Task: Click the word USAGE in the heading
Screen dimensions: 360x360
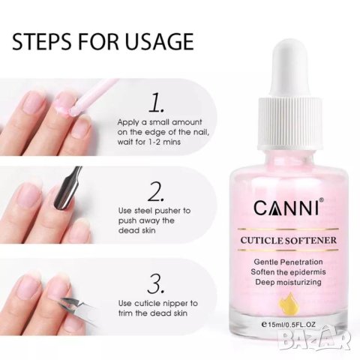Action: click(x=159, y=41)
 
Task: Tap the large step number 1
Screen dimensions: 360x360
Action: click(x=157, y=102)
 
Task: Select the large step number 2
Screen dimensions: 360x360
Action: click(x=157, y=191)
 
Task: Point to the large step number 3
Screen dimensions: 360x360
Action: click(x=157, y=283)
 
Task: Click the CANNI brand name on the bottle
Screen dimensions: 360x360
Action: click(x=286, y=207)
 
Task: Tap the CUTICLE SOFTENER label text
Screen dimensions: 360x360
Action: click(x=289, y=240)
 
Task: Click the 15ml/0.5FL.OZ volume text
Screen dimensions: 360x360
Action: click(x=289, y=325)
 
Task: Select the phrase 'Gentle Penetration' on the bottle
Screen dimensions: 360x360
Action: click(x=288, y=262)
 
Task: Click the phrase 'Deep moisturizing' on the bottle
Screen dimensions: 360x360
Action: click(x=288, y=282)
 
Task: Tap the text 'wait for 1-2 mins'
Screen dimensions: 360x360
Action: click(x=148, y=142)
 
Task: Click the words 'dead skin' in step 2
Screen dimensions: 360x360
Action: click(x=136, y=230)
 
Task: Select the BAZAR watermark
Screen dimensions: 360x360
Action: click(x=314, y=337)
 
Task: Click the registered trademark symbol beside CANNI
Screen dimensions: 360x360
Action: click(x=322, y=199)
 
